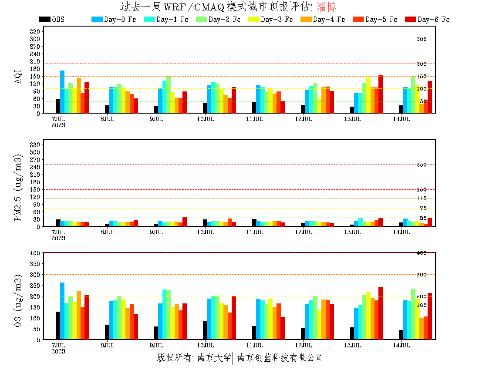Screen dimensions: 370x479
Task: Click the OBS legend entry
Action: point(51,20)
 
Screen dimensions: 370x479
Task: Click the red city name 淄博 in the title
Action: point(326,7)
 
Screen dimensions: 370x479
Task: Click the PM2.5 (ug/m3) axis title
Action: point(18,187)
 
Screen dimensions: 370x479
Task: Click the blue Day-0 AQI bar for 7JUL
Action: point(62,92)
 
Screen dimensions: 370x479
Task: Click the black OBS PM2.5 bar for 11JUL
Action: point(254,223)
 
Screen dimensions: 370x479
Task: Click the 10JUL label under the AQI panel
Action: point(206,119)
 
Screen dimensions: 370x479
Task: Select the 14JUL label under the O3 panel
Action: point(401,345)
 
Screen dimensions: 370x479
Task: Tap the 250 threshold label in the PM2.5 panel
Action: point(422,165)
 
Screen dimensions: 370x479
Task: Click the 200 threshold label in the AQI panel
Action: point(422,64)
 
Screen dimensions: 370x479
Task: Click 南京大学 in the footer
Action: point(214,358)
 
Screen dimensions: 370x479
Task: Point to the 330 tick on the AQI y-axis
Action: point(36,32)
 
